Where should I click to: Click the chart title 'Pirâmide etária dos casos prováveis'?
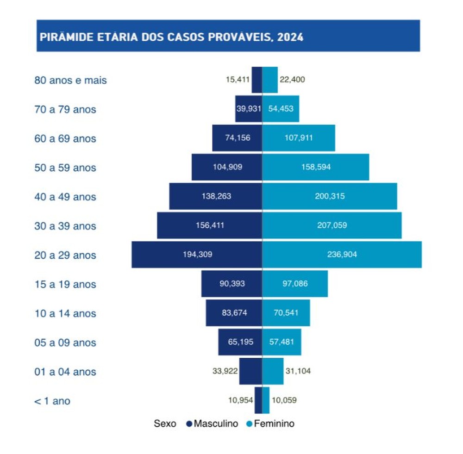click(x=172, y=37)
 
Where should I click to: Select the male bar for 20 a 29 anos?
click(x=197, y=255)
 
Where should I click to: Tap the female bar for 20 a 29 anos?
click(x=342, y=255)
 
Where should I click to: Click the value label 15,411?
click(x=238, y=80)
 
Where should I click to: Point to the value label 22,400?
click(x=292, y=80)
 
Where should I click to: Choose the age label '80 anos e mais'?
click(x=70, y=81)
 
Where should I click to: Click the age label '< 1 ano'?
click(x=52, y=401)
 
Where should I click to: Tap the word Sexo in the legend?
click(x=165, y=423)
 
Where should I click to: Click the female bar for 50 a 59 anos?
click(x=315, y=167)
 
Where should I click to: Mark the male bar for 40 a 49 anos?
click(x=215, y=196)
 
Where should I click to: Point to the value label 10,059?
click(x=284, y=400)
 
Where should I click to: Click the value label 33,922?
click(x=225, y=371)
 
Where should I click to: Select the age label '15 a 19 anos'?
click(x=65, y=284)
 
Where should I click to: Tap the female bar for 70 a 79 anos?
click(x=281, y=109)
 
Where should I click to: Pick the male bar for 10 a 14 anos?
click(x=234, y=313)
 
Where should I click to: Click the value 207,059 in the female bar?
click(x=332, y=225)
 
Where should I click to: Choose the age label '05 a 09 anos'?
click(x=65, y=342)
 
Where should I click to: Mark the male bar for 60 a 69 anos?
click(x=237, y=138)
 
